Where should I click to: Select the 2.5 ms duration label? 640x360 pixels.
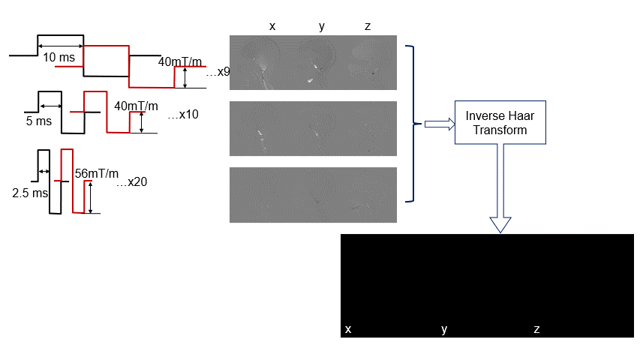(29, 193)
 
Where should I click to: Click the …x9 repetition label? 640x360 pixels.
(218, 72)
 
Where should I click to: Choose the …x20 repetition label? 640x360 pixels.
(132, 183)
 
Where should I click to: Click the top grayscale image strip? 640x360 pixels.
(313, 63)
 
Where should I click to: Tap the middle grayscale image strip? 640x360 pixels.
(313, 129)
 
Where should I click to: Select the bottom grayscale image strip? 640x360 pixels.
(313, 194)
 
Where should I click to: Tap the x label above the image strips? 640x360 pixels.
(272, 26)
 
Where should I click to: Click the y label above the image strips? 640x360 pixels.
(322, 26)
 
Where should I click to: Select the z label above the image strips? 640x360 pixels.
(367, 26)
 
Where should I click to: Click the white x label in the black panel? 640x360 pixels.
(348, 329)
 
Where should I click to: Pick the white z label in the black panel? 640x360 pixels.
(536, 329)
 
